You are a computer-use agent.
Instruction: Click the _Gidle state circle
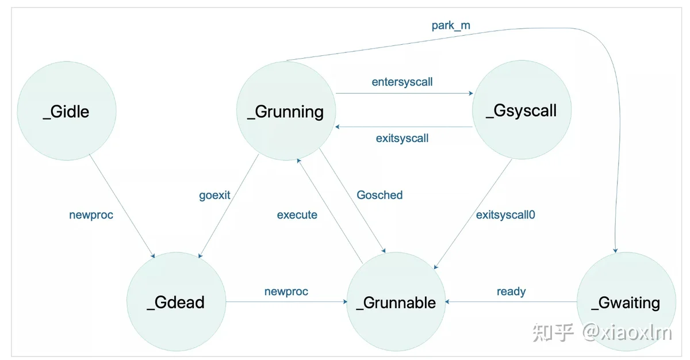coord(67,111)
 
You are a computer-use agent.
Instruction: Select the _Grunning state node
coord(286,111)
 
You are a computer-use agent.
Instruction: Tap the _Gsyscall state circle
coord(522,110)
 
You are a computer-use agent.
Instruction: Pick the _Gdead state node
coord(176,301)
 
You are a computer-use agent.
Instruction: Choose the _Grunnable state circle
coord(396,301)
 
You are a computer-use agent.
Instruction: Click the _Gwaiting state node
coord(626,301)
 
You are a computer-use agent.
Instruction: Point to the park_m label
coord(451,25)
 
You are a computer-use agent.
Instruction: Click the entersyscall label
coord(402,82)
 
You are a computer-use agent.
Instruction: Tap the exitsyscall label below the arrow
coord(402,138)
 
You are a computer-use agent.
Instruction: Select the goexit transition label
coord(214,196)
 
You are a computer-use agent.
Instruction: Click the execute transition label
coord(297,215)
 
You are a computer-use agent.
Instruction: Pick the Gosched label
coord(379,195)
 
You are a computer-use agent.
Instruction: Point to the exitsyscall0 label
coord(505,215)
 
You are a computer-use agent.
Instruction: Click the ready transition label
coord(511,292)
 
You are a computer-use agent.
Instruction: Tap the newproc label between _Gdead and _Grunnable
coord(286,292)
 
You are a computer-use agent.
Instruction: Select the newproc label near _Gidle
coord(91,215)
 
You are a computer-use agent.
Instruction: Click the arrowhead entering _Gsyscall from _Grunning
coord(471,93)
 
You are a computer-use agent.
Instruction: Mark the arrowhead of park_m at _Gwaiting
coord(615,250)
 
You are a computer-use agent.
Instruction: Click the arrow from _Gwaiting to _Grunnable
coord(511,302)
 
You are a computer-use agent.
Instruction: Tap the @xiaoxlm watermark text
coord(627,333)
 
